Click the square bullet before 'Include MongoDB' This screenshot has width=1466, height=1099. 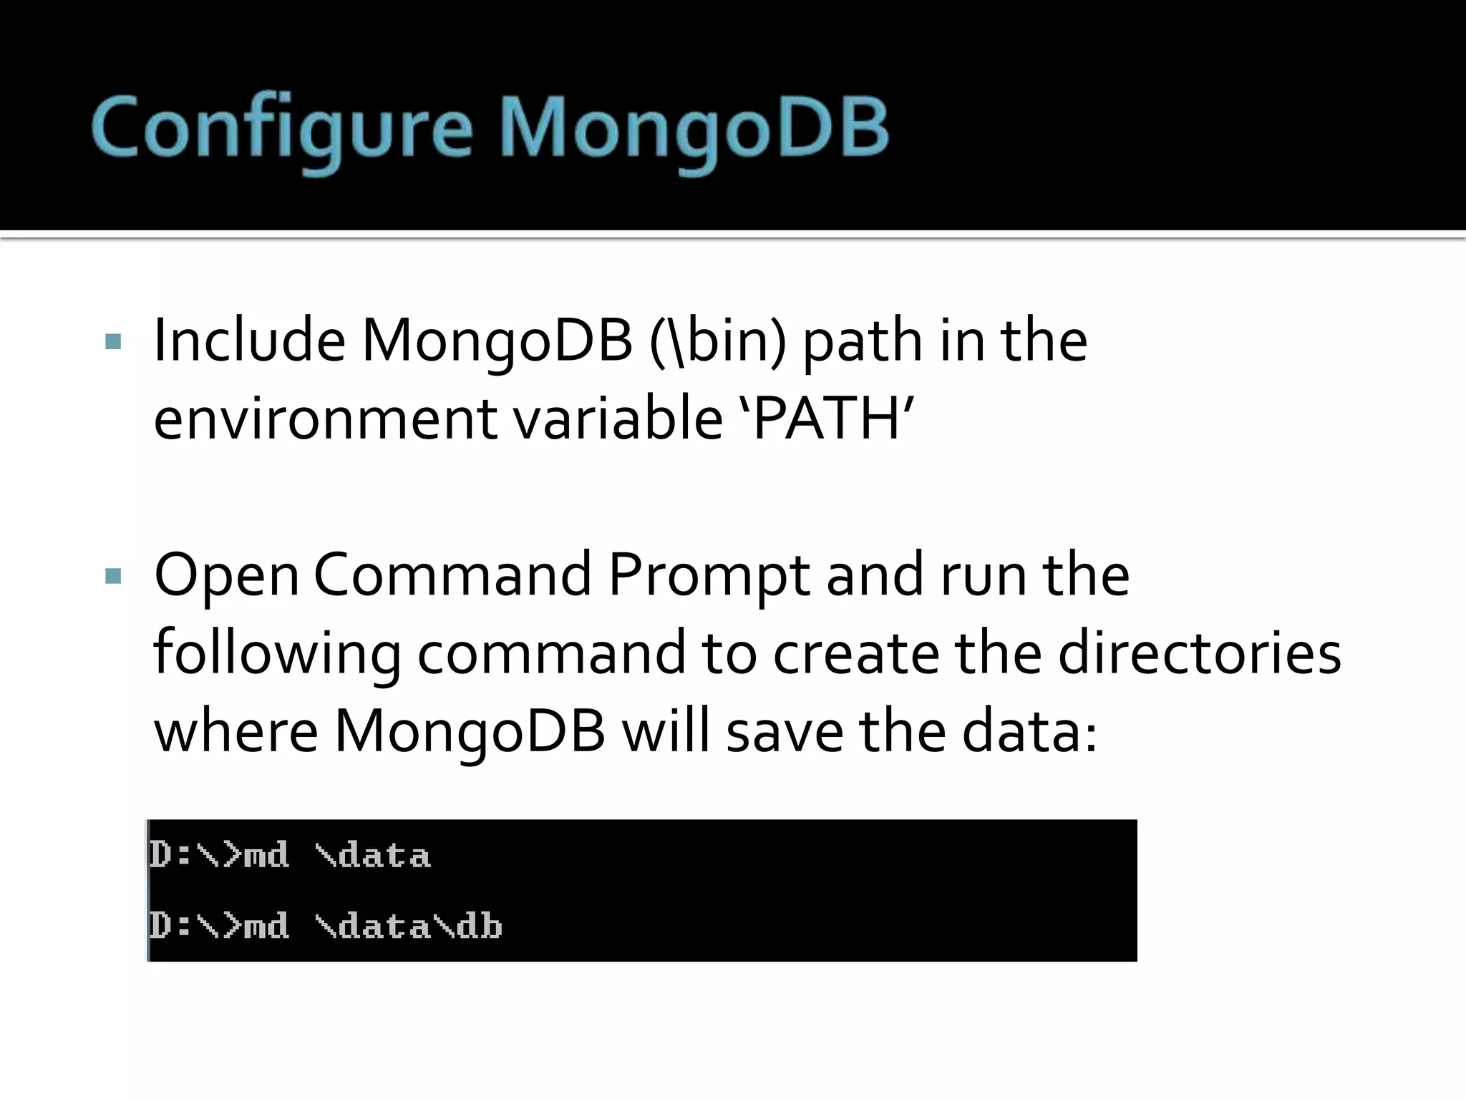[113, 341]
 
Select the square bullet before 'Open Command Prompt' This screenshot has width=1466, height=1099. [113, 576]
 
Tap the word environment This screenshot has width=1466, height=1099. [325, 420]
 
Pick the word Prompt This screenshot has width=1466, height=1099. [708, 577]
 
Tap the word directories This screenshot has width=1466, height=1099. [1199, 653]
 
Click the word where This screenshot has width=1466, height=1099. [236, 732]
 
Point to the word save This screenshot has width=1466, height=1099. [784, 732]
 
